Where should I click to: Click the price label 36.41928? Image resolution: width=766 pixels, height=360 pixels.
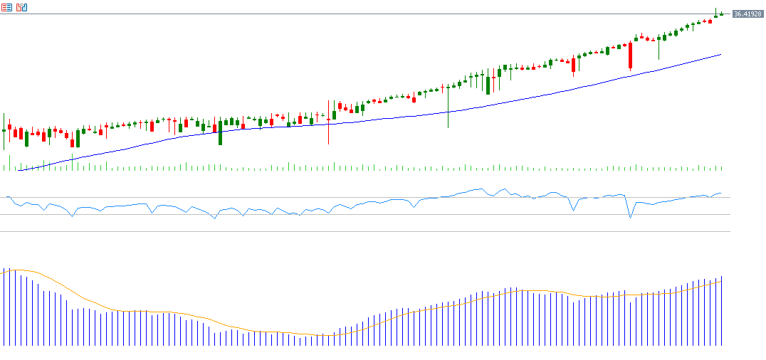(747, 14)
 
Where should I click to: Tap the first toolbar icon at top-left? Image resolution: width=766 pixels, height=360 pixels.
(6, 7)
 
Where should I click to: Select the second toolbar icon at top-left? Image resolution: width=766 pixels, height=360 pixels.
(21, 7)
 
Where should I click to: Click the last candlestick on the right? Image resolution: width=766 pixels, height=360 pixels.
(721, 14)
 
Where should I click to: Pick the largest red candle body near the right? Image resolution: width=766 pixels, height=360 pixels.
(630, 55)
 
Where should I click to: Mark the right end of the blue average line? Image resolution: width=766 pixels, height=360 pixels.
(721, 54)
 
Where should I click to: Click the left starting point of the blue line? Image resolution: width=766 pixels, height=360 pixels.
(17, 171)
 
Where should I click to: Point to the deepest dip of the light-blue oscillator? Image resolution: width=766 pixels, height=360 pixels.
(630, 217)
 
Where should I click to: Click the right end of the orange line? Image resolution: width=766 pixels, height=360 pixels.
(721, 281)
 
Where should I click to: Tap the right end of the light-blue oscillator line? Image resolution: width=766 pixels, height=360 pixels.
(720, 193)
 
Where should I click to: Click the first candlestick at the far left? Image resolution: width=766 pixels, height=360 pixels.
(4, 130)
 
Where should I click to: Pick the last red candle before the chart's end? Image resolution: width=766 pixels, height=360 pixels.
(710, 21)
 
